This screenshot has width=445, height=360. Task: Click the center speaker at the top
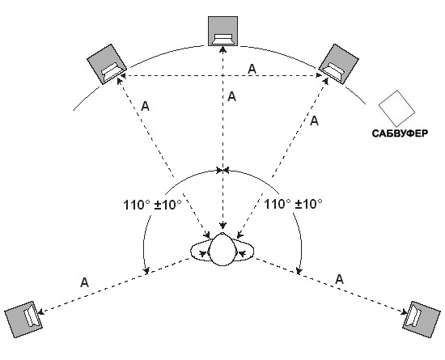pyautogui.click(x=222, y=31)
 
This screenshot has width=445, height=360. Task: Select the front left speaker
pyautogui.click(x=107, y=64)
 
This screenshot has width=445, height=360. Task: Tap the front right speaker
pyautogui.click(x=338, y=64)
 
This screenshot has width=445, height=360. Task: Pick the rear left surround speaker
pyautogui.click(x=23, y=320)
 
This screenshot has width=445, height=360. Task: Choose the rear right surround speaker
pyautogui.click(x=422, y=320)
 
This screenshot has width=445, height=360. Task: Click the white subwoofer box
pyautogui.click(x=396, y=108)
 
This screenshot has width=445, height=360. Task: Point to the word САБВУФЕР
pyautogui.click(x=400, y=133)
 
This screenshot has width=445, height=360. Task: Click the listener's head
pyautogui.click(x=222, y=250)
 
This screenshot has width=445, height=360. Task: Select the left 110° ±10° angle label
pyautogui.click(x=152, y=204)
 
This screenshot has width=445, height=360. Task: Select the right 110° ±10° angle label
pyautogui.click(x=293, y=204)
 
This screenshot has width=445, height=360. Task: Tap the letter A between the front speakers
pyautogui.click(x=252, y=70)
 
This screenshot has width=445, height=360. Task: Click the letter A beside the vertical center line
pyautogui.click(x=232, y=97)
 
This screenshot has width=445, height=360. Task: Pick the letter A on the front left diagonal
pyautogui.click(x=145, y=107)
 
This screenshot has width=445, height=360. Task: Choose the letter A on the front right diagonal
pyautogui.click(x=314, y=121)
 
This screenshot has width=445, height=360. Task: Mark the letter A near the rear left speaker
pyautogui.click(x=84, y=282)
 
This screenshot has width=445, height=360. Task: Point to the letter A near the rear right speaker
pyautogui.click(x=340, y=280)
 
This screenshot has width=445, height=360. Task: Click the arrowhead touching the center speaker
pyautogui.click(x=222, y=49)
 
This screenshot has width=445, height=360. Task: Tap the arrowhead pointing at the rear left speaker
pyautogui.click(x=40, y=311)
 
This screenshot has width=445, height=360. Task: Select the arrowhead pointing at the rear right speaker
pyautogui.click(x=404, y=312)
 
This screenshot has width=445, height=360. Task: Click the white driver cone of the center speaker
pyautogui.click(x=222, y=40)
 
